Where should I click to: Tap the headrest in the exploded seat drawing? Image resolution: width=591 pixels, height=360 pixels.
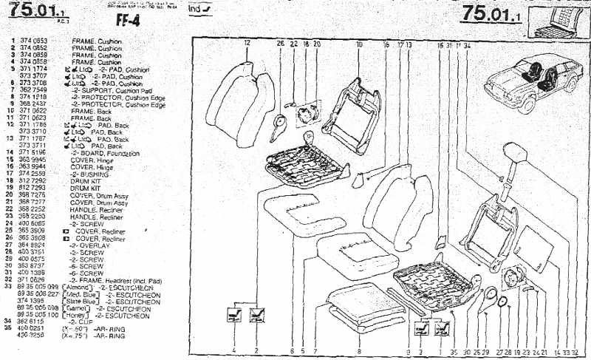[514, 157]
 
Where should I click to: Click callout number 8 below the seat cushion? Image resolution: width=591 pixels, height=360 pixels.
[359, 350]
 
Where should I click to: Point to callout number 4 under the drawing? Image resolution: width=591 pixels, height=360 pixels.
[234, 350]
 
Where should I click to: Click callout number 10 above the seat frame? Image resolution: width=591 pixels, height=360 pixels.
[359, 44]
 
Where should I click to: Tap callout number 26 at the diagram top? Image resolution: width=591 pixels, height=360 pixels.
[281, 44]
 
